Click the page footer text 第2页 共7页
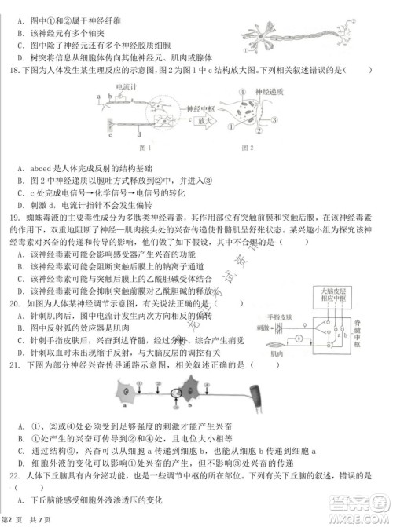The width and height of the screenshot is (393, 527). point(28,520)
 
